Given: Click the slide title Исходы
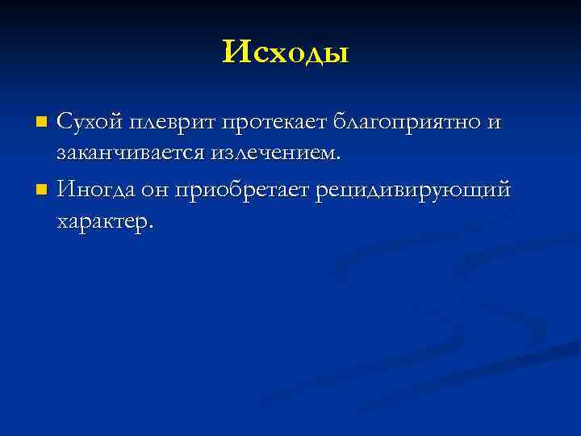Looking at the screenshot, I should click(x=286, y=53).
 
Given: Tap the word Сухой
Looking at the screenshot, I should click(x=88, y=122).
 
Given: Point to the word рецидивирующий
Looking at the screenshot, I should click(x=414, y=192).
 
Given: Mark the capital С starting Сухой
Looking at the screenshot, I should click(x=63, y=122).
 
